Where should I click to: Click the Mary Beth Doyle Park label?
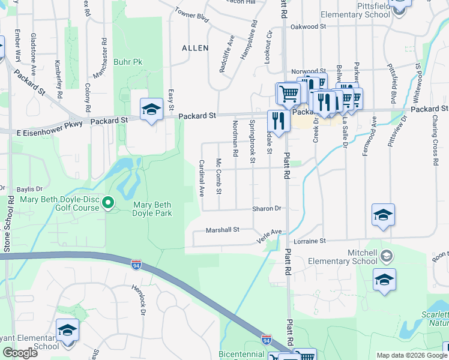[x=152, y=209]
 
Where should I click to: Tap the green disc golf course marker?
[x=108, y=203]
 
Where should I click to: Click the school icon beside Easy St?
[x=151, y=109]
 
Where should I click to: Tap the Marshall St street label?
[x=223, y=229]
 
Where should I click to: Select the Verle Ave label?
[x=268, y=233]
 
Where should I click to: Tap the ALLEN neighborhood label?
[x=196, y=47]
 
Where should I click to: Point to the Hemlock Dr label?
[x=139, y=299]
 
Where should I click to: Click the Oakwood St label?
[x=308, y=27]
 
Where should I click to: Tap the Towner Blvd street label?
[x=191, y=15]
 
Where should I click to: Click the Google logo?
[x=20, y=352]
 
